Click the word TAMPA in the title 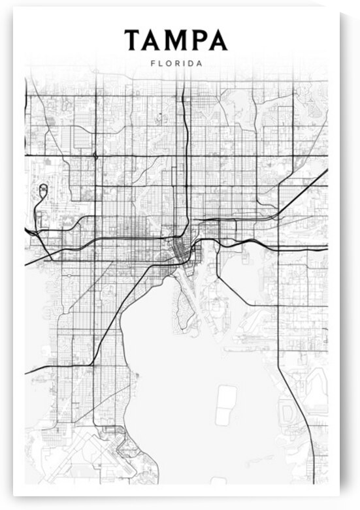pyautogui.click(x=176, y=40)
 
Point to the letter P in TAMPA pyautogui.click(x=199, y=40)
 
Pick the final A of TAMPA pyautogui.click(x=218, y=40)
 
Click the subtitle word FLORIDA pyautogui.click(x=176, y=64)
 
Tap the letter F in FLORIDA pyautogui.click(x=152, y=64)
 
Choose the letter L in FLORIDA pyautogui.click(x=159, y=64)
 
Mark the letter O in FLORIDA pyautogui.click(x=168, y=64)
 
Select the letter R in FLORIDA pyautogui.click(x=176, y=64)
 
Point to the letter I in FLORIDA pyautogui.click(x=183, y=64)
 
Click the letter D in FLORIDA pyautogui.click(x=189, y=64)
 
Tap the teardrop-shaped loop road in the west pyautogui.click(x=43, y=190)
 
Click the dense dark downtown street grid pyautogui.click(x=178, y=249)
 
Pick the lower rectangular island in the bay pyautogui.click(x=223, y=416)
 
